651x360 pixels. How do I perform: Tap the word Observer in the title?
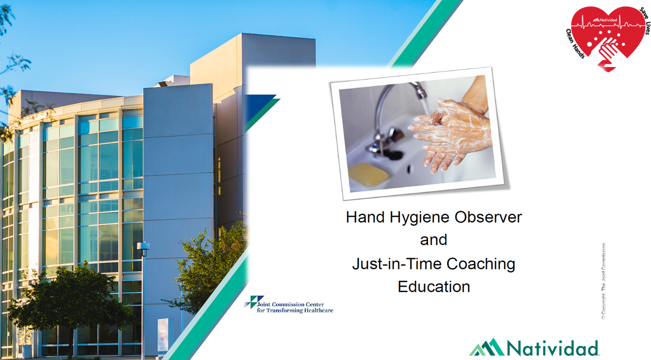[x=488, y=217]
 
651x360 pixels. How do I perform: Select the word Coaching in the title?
[x=481, y=265]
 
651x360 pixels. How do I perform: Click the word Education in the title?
[x=434, y=287]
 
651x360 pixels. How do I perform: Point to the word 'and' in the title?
[x=433, y=240]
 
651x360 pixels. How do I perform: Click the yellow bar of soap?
[x=369, y=174]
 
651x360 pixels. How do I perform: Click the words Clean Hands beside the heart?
[x=575, y=44]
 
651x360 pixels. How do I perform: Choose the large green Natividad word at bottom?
[x=552, y=348]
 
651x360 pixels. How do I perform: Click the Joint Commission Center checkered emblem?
[x=254, y=302]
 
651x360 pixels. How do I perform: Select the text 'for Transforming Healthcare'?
[x=295, y=311]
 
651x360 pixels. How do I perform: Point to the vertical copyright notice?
[x=604, y=281]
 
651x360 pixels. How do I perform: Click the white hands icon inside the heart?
[x=608, y=52]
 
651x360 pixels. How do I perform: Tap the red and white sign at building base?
[x=163, y=335]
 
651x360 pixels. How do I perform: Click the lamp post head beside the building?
[x=143, y=246]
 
